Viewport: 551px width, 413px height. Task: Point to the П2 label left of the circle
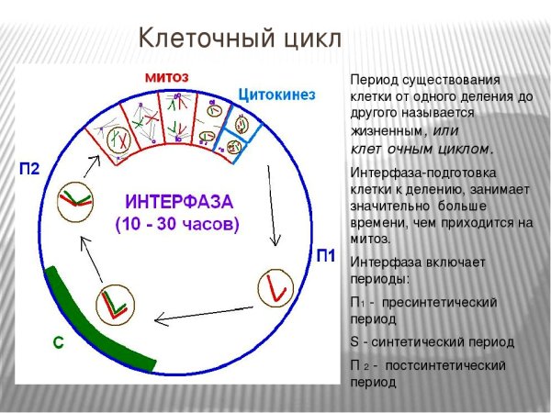click(x=29, y=169)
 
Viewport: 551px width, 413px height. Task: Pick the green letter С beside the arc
click(x=58, y=342)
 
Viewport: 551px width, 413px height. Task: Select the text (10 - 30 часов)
click(x=176, y=223)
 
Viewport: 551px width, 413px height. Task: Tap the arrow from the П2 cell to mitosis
click(x=93, y=166)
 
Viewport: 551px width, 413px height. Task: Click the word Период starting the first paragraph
click(x=372, y=80)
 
